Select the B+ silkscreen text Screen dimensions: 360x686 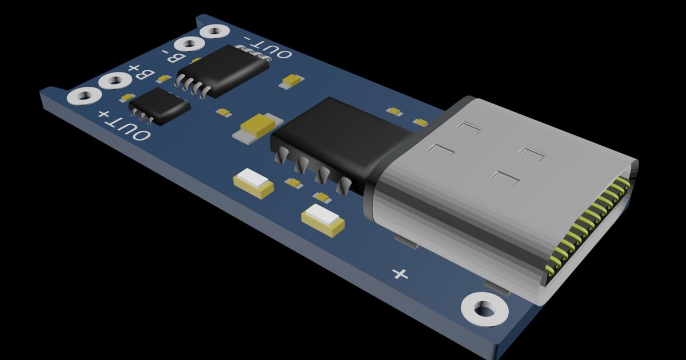point(141,73)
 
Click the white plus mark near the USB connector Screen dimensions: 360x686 point(401,274)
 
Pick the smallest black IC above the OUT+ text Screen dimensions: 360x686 point(159,106)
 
